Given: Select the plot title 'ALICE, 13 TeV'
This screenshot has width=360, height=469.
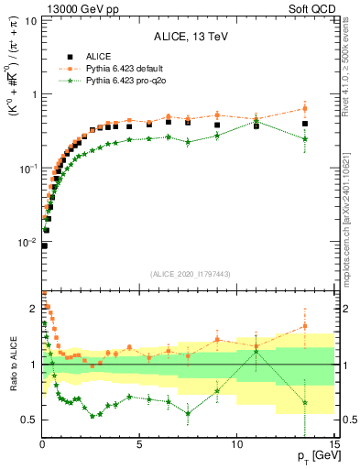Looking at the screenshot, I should [x=190, y=38].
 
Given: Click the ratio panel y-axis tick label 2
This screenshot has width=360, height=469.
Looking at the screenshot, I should [x=32, y=309].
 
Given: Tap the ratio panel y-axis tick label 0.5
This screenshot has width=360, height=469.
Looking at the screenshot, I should [x=28, y=420].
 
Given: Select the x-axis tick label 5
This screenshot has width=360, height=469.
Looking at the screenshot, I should [x=139, y=444].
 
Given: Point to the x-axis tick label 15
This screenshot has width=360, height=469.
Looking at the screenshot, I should [x=333, y=444].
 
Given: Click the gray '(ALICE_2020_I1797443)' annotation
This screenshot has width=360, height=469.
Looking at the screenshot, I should [x=189, y=274].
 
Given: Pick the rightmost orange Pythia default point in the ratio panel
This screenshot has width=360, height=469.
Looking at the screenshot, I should [x=305, y=325].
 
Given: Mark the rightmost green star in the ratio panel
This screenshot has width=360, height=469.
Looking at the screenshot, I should [x=305, y=402].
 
